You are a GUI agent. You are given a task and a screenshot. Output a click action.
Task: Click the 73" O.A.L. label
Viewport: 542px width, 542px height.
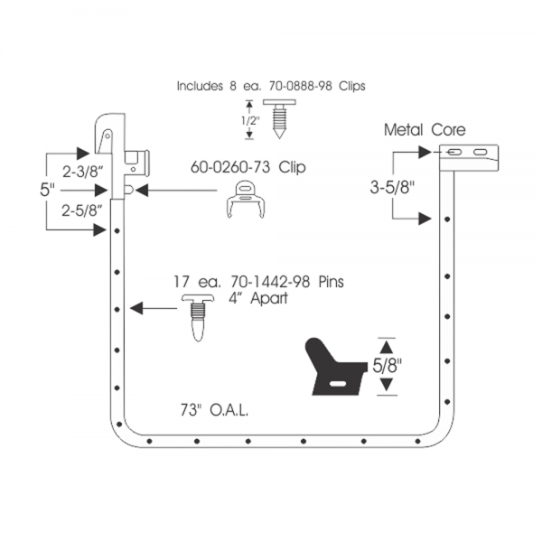[x=214, y=410]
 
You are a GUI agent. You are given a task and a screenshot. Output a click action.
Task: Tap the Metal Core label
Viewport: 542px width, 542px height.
[x=425, y=130]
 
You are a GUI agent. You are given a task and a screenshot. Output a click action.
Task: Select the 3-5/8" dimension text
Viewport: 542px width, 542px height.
[x=392, y=188]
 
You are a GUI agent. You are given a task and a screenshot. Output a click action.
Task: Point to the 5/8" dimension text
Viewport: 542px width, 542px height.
[x=388, y=366]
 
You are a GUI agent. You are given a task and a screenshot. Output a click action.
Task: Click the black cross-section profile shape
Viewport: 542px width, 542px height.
[x=334, y=369]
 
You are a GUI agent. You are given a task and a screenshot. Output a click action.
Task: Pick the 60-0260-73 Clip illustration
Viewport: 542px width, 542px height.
[x=246, y=200]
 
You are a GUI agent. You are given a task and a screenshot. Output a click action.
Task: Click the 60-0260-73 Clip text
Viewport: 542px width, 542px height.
[x=248, y=167]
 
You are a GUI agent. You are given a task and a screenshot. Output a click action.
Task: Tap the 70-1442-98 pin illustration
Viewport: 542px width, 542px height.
[x=198, y=318]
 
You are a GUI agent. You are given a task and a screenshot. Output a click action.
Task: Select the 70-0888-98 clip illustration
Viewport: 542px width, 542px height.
[x=279, y=118]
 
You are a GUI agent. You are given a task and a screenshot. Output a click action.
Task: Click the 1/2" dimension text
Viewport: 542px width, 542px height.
[x=250, y=121]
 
